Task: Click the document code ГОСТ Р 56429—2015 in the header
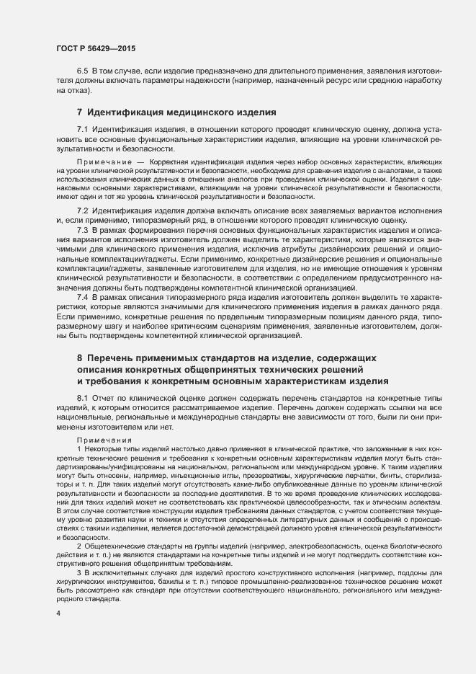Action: [x=95, y=48]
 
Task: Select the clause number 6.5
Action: [x=82, y=73]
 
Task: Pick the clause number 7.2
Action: [x=82, y=209]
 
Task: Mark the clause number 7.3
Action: [x=82, y=229]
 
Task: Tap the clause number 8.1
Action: [x=82, y=399]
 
